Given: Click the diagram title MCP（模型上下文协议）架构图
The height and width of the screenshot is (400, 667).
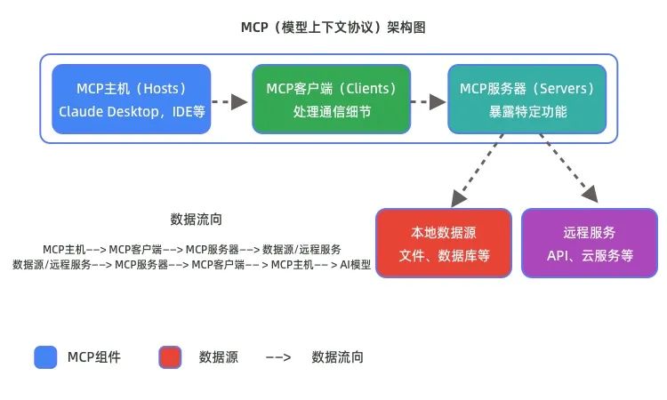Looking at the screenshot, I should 333,28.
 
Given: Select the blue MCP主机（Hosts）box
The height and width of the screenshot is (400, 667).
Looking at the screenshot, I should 132,99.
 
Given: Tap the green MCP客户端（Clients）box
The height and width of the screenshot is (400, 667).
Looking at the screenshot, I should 331,99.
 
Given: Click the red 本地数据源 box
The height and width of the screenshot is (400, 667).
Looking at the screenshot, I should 444,244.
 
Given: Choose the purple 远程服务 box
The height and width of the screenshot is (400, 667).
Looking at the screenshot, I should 590,244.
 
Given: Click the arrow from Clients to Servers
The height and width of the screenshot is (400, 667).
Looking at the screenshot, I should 429,101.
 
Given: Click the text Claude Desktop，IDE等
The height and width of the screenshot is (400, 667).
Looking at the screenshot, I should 132,112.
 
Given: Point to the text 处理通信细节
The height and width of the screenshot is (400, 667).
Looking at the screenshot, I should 331,112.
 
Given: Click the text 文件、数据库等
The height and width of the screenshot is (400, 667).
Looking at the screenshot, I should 444,256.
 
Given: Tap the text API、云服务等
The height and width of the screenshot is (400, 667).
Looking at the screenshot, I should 590,256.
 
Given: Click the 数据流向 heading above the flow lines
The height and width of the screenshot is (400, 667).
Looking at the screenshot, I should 196,219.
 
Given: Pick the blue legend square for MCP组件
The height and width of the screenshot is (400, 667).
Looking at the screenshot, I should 45,357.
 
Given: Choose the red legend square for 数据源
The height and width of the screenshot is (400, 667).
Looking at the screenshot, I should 170,357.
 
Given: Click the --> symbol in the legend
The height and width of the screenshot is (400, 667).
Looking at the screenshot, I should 278,358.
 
